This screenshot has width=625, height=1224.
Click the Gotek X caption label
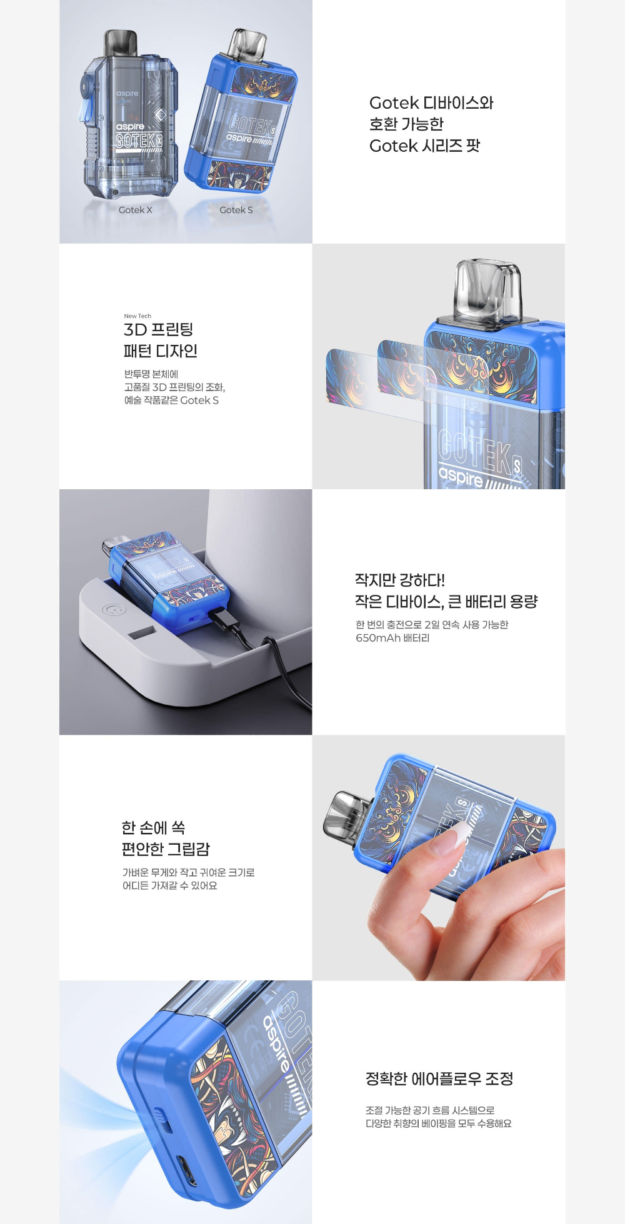point(136,210)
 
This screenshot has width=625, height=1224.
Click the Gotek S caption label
point(236,210)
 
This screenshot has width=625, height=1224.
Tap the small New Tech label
point(137,316)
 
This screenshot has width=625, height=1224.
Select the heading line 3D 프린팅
point(159,329)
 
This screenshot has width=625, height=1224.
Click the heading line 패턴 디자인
point(161,351)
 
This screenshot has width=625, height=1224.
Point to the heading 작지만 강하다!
point(400,580)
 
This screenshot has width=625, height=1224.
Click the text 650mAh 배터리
point(392,638)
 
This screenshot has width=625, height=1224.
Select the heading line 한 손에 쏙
point(154,828)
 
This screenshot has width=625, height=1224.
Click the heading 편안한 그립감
point(166,849)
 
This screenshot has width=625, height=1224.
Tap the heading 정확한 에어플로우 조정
point(439,1079)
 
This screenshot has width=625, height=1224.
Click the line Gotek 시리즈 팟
point(425,146)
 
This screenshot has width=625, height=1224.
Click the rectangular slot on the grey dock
point(142,634)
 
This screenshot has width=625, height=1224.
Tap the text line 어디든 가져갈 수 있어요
point(170,885)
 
